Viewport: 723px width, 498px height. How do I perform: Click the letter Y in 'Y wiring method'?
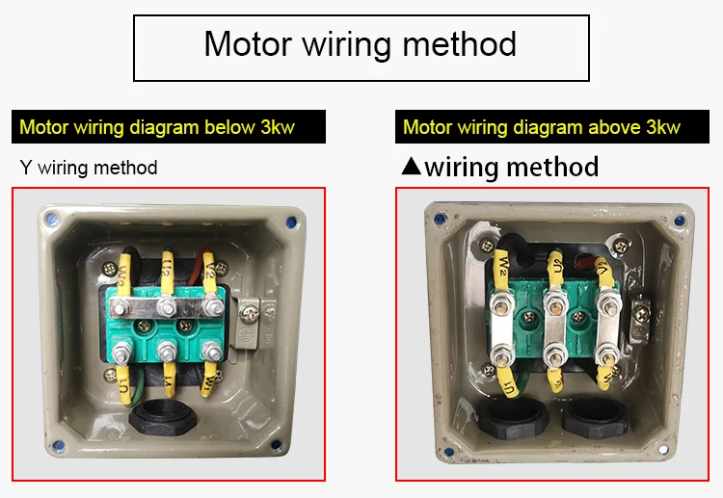[x=25, y=168]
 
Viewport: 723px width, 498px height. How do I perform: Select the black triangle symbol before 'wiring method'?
[x=411, y=167]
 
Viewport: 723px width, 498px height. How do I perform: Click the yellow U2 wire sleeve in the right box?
[x=553, y=270]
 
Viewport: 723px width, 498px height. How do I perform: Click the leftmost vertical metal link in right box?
[x=502, y=332]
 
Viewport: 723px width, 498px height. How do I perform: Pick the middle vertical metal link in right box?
[x=553, y=332]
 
